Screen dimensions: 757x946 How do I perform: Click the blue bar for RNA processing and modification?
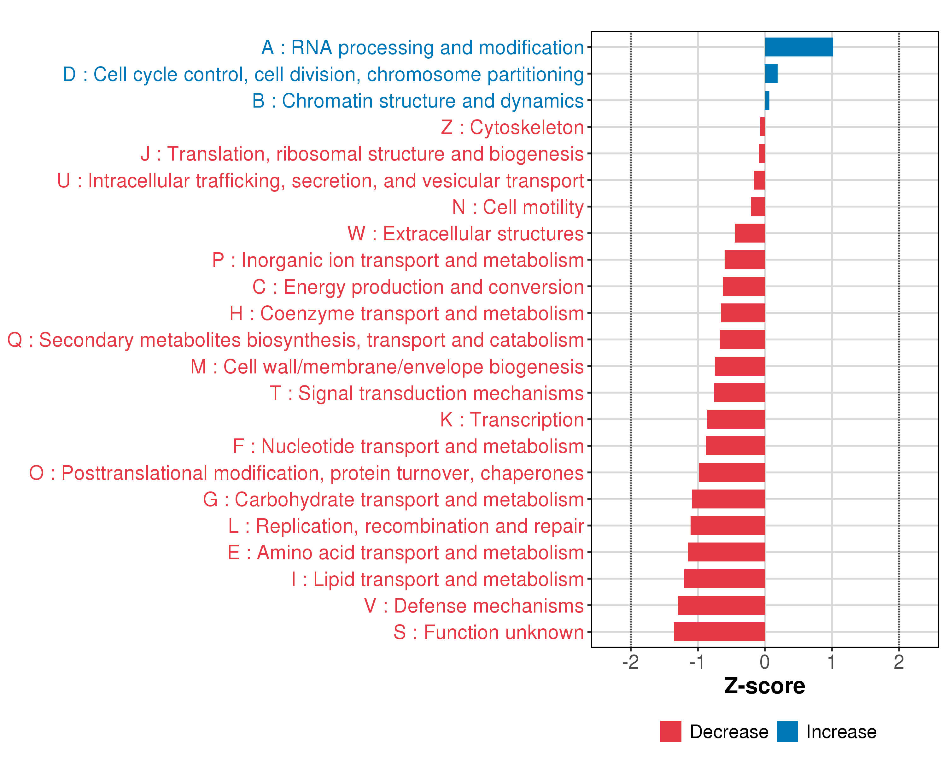[798, 47]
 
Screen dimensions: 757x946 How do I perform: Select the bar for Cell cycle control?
[771, 74]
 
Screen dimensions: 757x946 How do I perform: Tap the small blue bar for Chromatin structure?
[767, 101]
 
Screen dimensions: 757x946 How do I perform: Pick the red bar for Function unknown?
[719, 632]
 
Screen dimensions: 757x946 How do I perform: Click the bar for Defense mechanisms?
[721, 605]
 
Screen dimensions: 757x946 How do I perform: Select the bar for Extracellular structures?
[750, 233]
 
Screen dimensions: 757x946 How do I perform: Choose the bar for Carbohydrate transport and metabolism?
[728, 499]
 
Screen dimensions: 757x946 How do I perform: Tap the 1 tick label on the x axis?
[832, 662]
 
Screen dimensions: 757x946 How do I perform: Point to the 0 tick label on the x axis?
[764, 662]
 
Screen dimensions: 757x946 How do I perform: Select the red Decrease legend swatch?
[670, 731]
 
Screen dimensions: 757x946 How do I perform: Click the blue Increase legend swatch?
[787, 731]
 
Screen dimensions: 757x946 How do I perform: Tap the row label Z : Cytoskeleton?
[512, 127]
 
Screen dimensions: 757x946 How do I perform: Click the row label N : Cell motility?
[518, 207]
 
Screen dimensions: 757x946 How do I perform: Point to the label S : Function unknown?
[488, 632]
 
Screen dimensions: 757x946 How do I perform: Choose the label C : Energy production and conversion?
[418, 287]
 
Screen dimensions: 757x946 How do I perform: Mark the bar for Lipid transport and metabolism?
[724, 579]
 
